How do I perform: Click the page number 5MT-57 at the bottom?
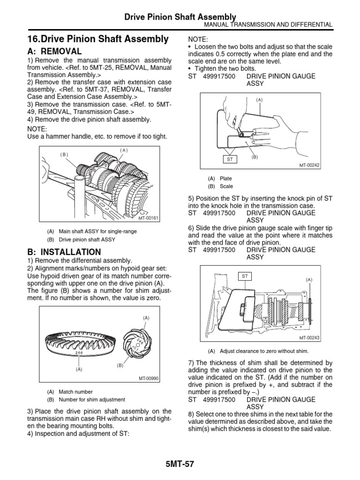180,464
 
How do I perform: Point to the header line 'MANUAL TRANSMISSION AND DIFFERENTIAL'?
266,25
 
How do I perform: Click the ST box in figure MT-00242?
230,159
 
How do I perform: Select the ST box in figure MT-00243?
245,277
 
